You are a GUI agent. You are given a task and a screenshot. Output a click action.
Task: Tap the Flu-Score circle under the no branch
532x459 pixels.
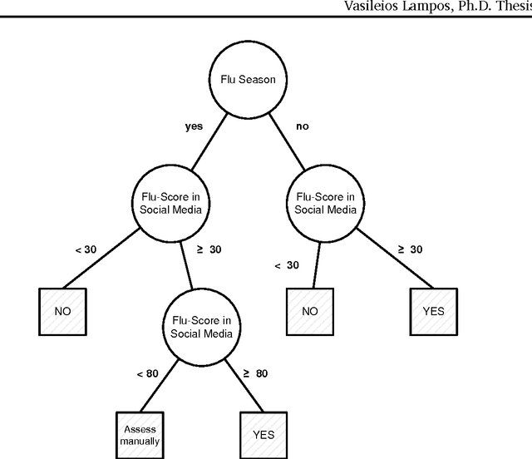pyautogui.click(x=326, y=203)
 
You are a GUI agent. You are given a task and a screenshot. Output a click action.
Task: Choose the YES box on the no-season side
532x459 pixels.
pyautogui.click(x=433, y=311)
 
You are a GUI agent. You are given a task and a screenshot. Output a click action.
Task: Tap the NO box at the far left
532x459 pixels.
pyautogui.click(x=63, y=311)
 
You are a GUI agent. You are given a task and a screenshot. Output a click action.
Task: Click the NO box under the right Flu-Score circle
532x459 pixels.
pyautogui.click(x=309, y=311)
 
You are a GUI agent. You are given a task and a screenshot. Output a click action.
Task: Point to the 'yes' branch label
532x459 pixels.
pyautogui.click(x=194, y=127)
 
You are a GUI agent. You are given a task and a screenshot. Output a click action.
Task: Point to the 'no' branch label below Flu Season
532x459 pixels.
pyautogui.click(x=303, y=127)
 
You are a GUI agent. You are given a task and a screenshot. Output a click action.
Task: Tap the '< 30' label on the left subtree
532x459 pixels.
pyautogui.click(x=85, y=249)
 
